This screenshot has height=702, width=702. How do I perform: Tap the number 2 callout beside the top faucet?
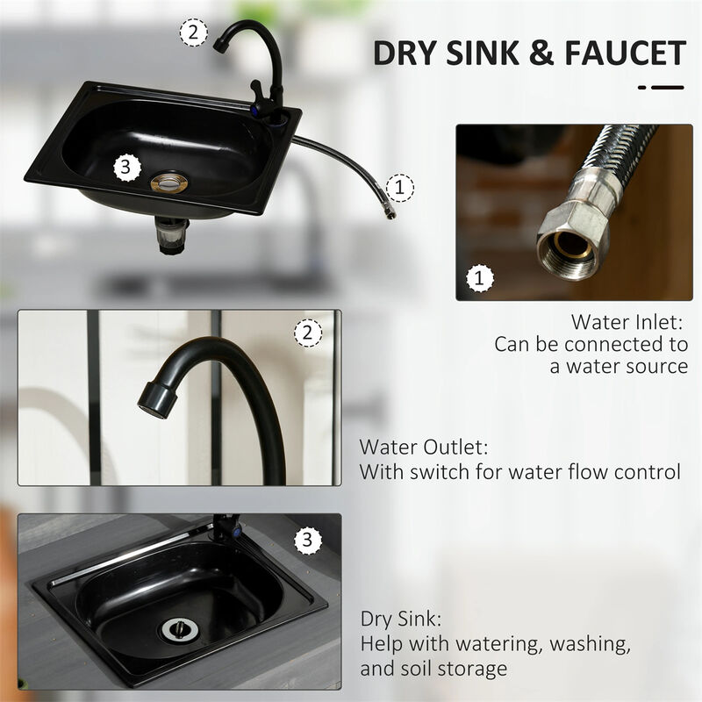(194, 33)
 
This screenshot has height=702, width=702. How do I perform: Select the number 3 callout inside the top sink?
(128, 164)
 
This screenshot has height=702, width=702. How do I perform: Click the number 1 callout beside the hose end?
(400, 186)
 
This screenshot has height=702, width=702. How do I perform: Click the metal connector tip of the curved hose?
(387, 211)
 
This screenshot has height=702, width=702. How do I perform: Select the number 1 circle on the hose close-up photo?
(478, 279)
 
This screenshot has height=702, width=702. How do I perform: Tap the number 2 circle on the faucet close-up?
(306, 333)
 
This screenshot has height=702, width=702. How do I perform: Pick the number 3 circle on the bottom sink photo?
(305, 541)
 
